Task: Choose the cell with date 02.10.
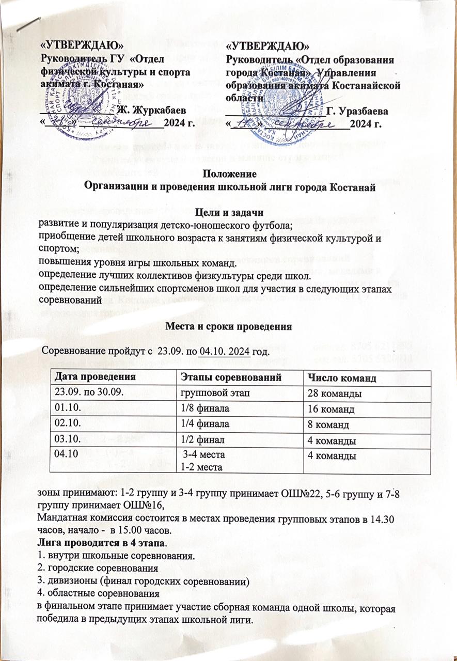66,424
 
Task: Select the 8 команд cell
327,426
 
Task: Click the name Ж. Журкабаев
150,108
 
